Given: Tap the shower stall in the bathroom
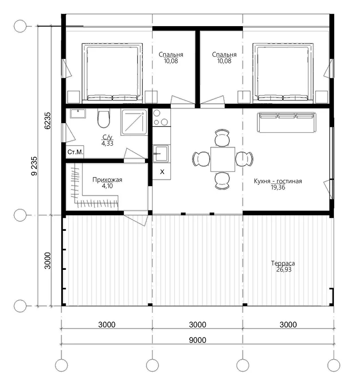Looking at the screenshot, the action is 134,122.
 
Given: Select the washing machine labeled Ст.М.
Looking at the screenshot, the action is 75,152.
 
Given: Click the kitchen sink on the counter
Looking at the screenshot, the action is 160,153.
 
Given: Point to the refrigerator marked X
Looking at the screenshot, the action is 162,171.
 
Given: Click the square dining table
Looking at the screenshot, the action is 223,159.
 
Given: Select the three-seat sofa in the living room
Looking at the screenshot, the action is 287,122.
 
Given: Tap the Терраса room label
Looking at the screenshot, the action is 283,263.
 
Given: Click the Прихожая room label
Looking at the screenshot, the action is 107,179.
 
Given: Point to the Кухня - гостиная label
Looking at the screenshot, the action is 278,181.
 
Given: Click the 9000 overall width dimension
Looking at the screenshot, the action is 198,340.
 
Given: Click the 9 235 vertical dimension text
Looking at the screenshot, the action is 34,166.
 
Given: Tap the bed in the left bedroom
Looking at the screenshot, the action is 112,73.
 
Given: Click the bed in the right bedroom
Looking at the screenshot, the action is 283,73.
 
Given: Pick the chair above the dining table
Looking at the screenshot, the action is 222,138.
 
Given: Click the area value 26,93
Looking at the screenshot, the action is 284,269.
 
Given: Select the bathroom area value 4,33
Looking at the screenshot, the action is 107,143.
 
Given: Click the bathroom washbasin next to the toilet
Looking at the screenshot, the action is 78,113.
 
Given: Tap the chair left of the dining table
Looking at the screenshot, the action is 201,159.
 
